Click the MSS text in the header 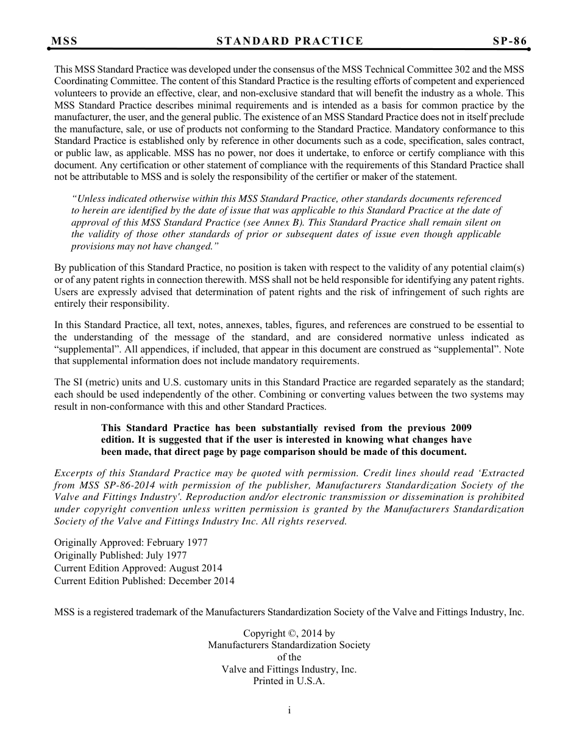tap(64, 41)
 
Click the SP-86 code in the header tap(510, 41)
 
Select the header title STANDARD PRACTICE tap(289, 41)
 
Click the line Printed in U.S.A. tap(289, 681)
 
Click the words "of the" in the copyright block tap(289, 657)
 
